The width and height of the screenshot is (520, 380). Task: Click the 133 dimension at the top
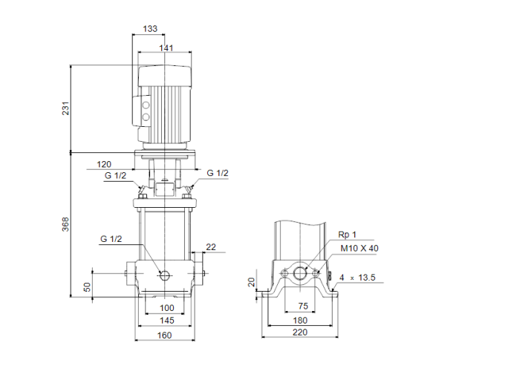click(149, 30)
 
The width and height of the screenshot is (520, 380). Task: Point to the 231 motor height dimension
click(65, 109)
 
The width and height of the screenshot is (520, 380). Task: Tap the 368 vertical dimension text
click(65, 224)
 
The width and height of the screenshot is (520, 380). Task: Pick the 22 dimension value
click(210, 246)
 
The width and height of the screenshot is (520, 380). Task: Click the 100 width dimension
click(166, 307)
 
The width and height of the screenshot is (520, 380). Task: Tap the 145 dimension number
click(166, 321)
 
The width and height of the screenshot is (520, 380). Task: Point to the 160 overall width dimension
click(164, 335)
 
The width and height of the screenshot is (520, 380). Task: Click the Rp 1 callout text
click(348, 235)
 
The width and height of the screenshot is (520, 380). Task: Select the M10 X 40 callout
click(358, 249)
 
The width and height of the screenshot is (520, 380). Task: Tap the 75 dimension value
click(302, 306)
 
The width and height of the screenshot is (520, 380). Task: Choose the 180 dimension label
click(301, 321)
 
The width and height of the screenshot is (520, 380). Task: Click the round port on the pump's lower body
click(165, 276)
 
